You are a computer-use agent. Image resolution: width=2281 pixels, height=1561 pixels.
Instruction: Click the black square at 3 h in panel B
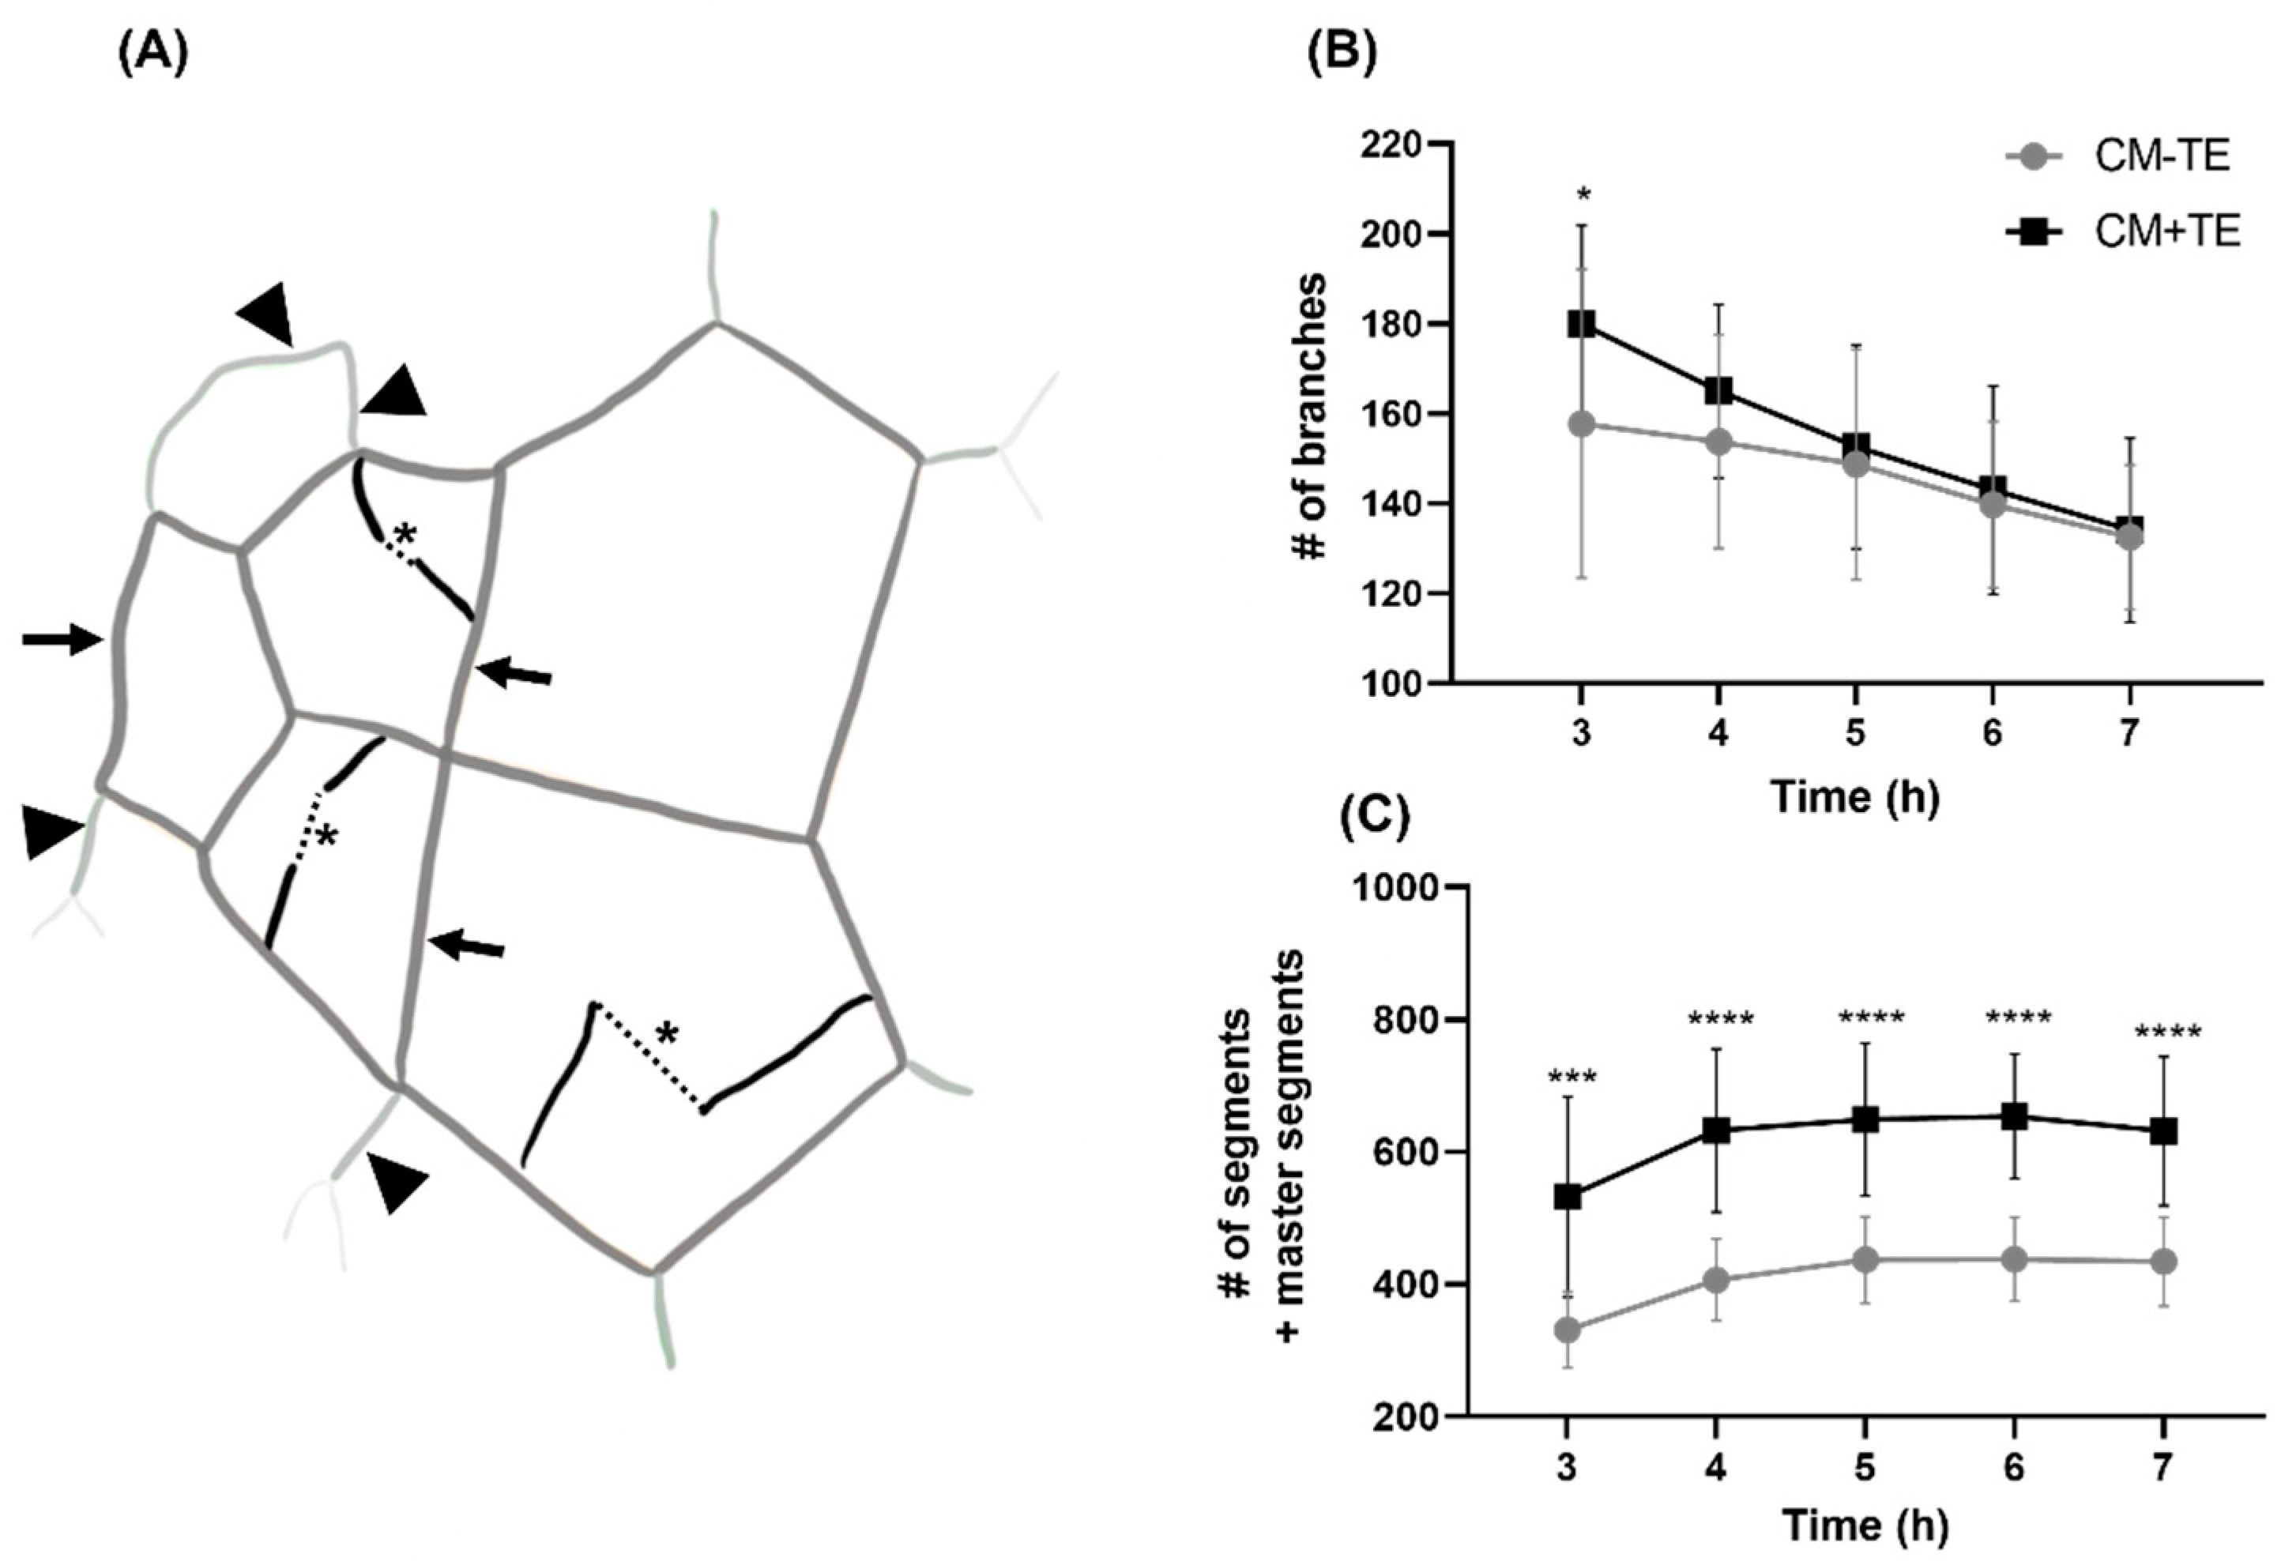tap(1581, 324)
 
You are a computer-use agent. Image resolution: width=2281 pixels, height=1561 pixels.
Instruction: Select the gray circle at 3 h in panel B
tap(1581, 424)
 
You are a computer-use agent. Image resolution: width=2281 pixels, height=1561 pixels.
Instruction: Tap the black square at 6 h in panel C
tap(2014, 1116)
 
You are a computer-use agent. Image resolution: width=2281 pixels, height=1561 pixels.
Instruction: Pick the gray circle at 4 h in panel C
tap(1715, 1280)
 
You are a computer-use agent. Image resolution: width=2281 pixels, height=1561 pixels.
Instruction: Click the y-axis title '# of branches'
tap(1313, 416)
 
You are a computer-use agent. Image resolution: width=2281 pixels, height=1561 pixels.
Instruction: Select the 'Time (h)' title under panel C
tap(1865, 1525)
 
